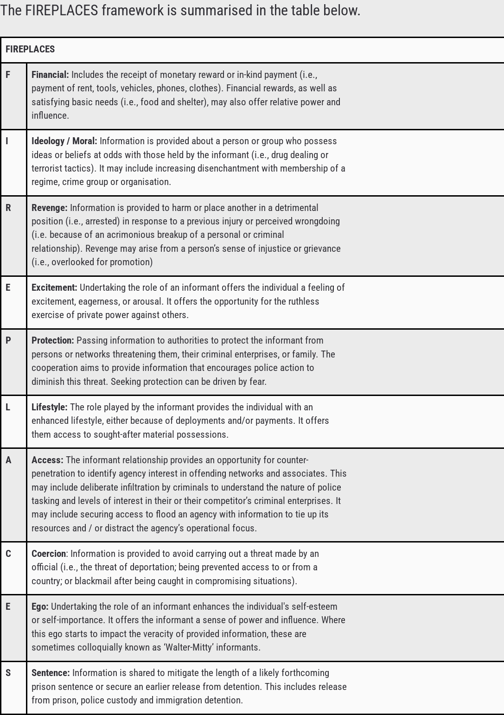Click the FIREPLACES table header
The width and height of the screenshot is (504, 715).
30,49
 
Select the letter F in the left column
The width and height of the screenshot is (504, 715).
8,75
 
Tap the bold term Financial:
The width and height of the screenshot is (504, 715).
50,75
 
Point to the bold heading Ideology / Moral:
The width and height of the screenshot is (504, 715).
64,141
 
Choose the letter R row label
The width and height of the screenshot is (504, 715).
8,208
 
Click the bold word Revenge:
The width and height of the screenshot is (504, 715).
49,208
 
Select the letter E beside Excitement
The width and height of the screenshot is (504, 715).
8,287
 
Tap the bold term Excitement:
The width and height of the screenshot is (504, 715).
54,287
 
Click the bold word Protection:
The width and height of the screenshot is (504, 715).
52,340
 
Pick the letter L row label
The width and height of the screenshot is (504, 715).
8,407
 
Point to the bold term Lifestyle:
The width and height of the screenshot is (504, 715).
49,407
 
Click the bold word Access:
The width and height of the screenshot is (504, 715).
47,460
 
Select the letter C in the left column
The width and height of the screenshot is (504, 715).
8,554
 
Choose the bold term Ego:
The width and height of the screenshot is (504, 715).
40,606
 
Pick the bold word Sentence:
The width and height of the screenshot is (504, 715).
51,673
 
